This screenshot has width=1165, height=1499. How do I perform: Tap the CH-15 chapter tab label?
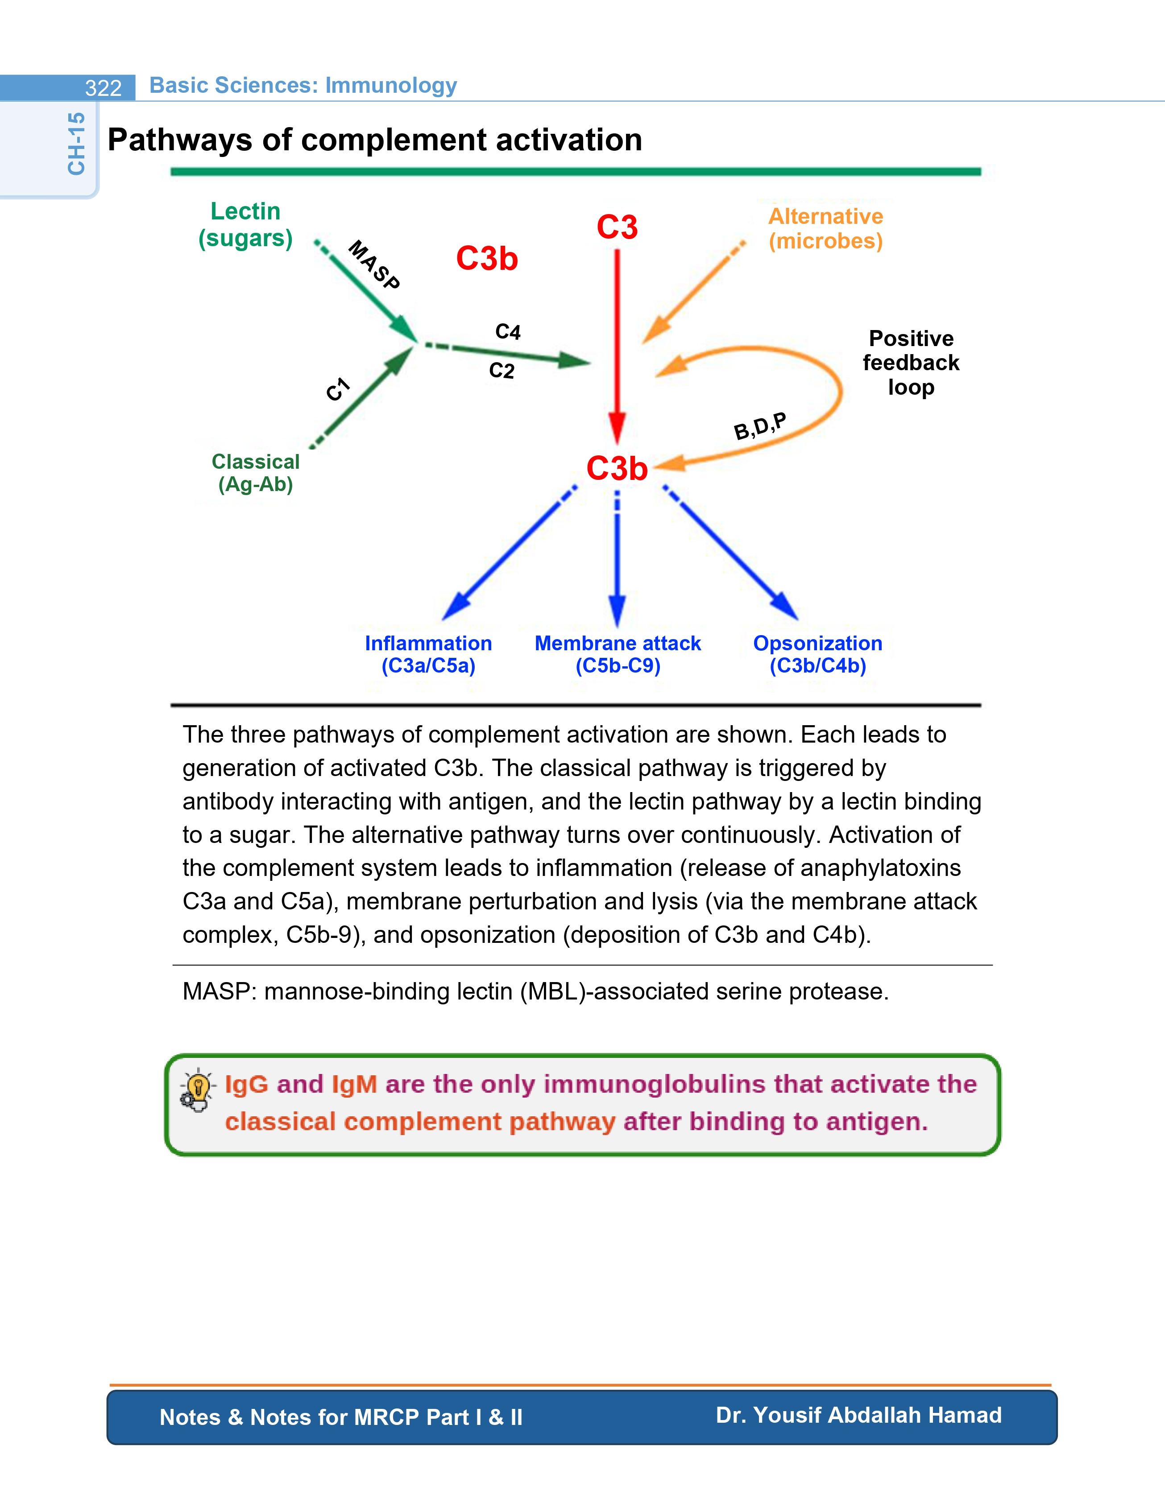(x=76, y=144)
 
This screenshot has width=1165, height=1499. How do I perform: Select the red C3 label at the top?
(x=617, y=227)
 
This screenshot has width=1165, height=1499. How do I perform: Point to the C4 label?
(x=508, y=332)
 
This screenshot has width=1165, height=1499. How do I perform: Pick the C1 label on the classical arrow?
(x=338, y=389)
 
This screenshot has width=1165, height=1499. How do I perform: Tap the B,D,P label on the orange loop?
(x=760, y=426)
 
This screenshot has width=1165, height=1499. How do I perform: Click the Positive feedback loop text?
(x=911, y=363)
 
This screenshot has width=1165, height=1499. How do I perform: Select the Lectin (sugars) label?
(x=246, y=224)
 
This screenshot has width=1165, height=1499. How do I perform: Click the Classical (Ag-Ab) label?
(x=255, y=473)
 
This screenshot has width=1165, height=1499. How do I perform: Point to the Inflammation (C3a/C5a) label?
(x=428, y=654)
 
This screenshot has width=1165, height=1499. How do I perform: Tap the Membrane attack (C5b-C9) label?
(x=618, y=654)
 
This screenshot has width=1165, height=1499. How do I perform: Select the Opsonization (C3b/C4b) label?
(x=817, y=654)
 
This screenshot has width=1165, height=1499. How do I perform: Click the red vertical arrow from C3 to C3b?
(x=617, y=347)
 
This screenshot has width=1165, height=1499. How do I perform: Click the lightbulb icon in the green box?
(x=197, y=1090)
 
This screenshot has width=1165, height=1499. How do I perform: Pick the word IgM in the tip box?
(x=354, y=1084)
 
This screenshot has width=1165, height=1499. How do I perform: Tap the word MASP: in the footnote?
(x=220, y=992)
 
